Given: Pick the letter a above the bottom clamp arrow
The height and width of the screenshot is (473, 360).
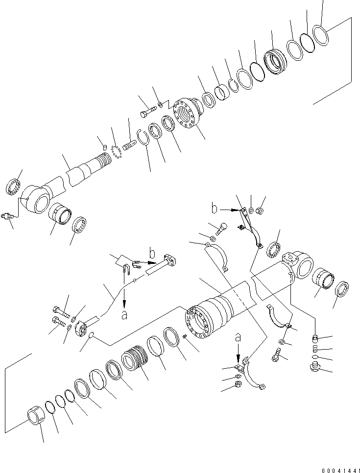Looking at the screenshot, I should [238, 337].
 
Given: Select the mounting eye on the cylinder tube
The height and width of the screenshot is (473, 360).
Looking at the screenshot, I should [303, 265].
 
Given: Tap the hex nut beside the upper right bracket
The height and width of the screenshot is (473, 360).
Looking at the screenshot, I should [260, 211].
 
